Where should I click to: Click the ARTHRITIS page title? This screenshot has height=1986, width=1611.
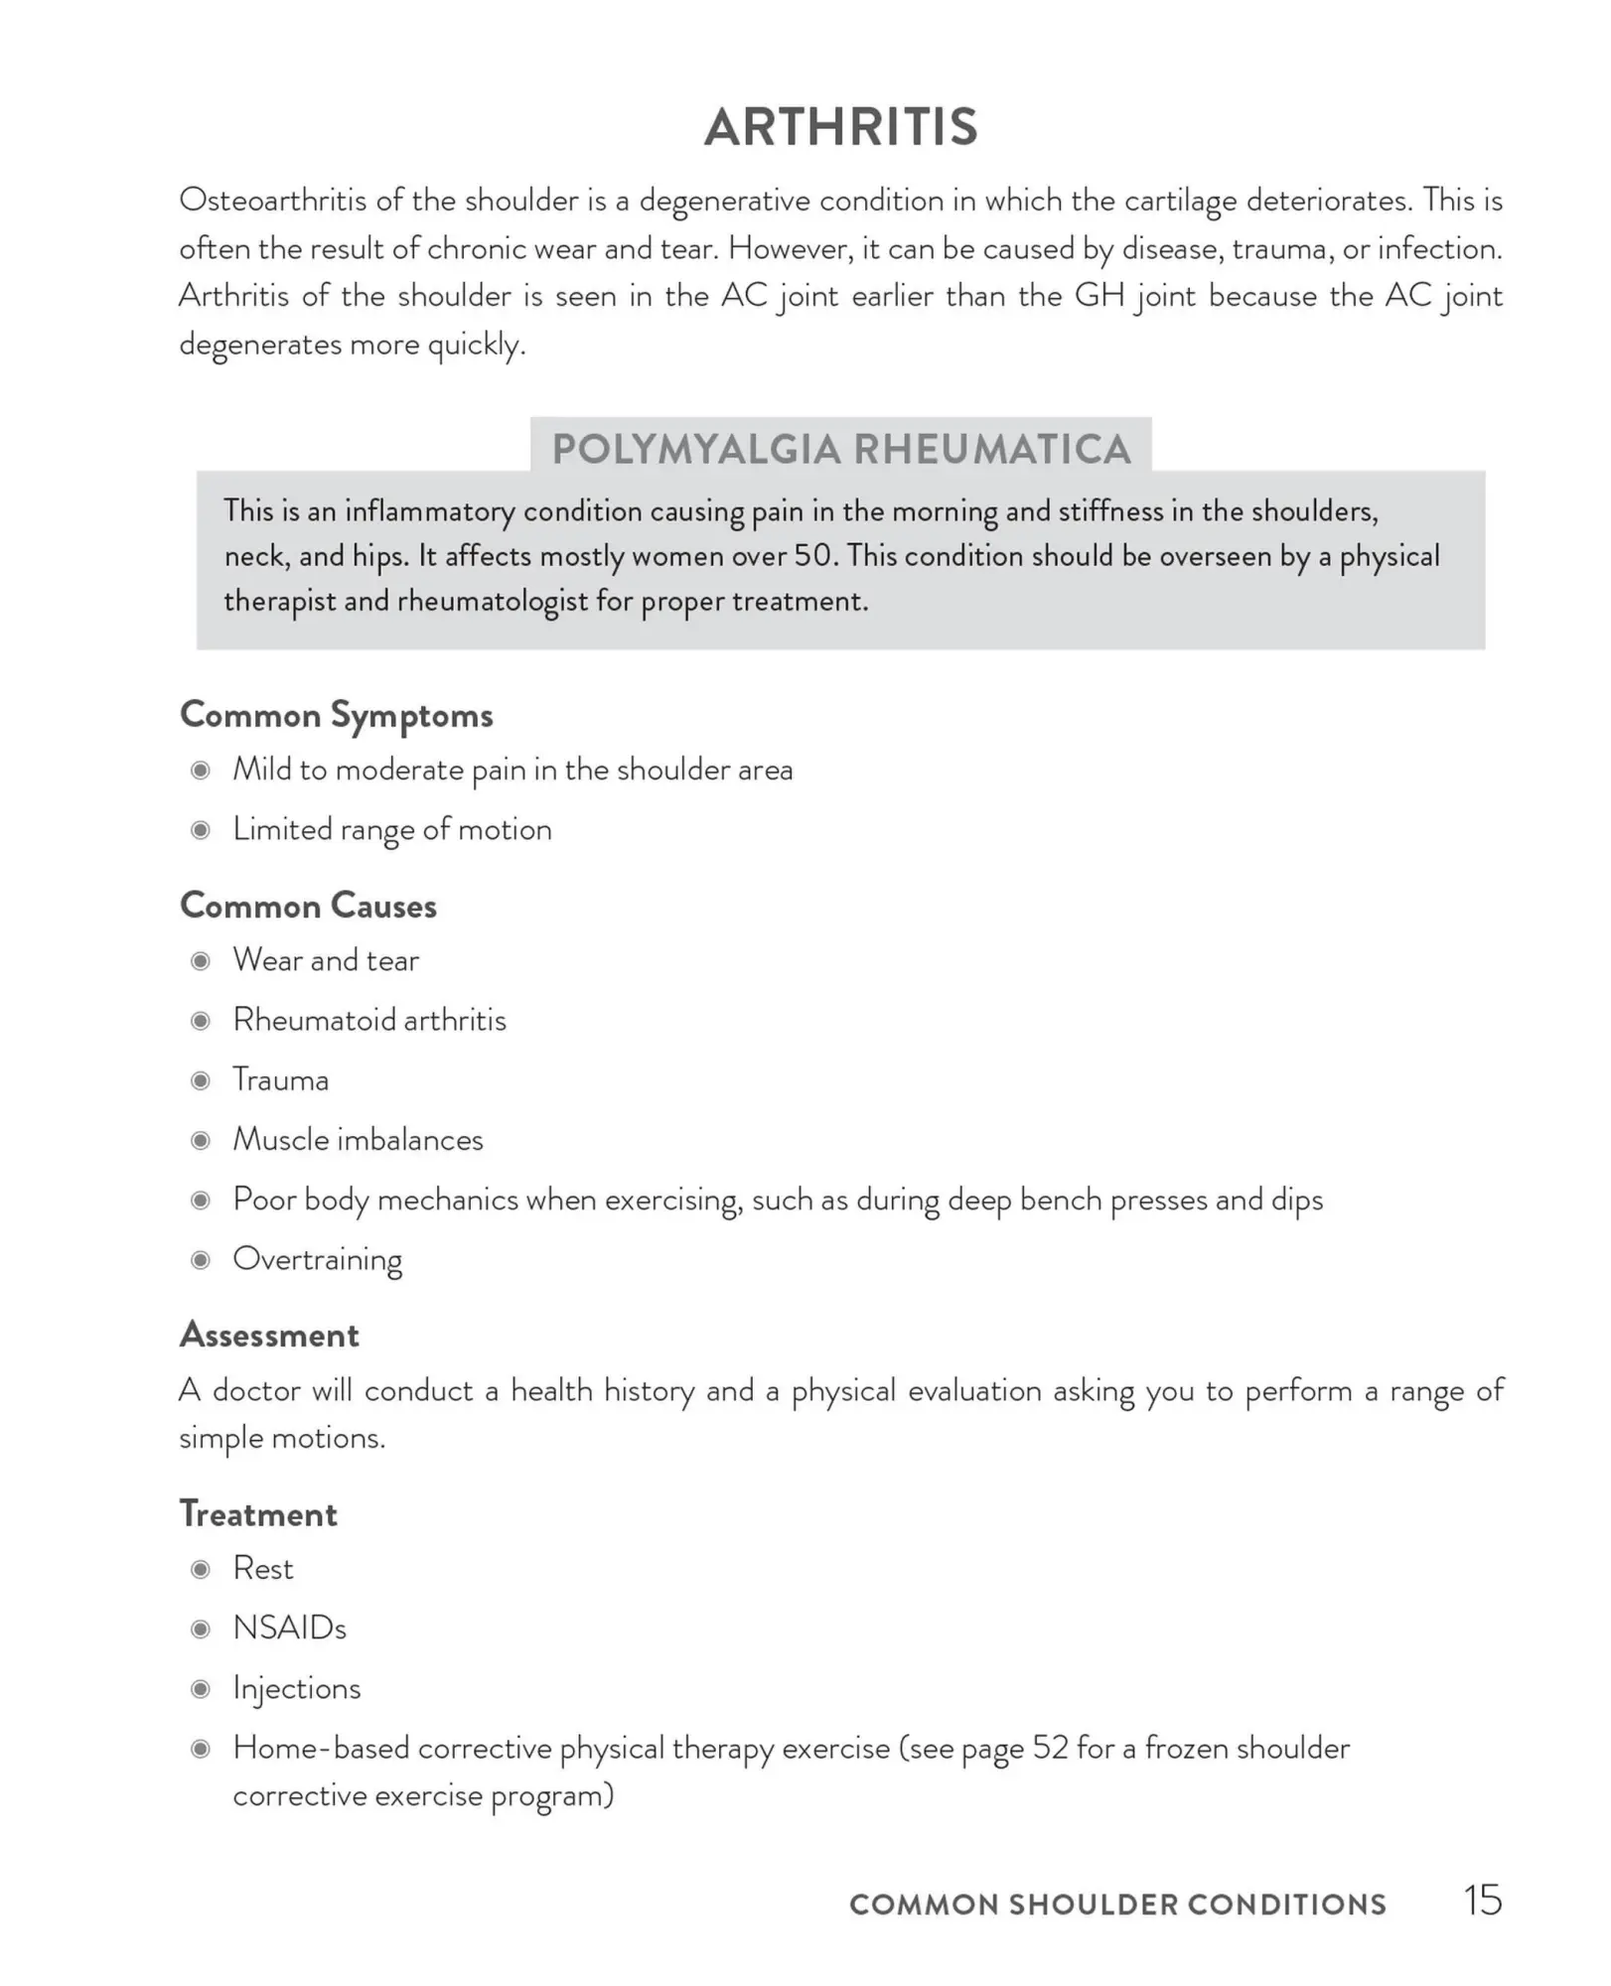pos(841,128)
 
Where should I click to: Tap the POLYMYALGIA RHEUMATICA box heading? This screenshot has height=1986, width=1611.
pos(841,449)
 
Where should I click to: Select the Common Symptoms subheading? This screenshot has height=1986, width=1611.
pos(336,716)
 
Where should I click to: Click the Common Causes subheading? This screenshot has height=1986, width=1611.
pos(308,906)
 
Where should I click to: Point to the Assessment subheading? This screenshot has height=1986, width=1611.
pos(269,1335)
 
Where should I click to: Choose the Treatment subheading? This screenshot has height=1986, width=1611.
pos(258,1514)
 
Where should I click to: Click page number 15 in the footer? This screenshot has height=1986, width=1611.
pos(1482,1901)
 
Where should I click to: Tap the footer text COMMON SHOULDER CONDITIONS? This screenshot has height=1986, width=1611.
pos(1117,1905)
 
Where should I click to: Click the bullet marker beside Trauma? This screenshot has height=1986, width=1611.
pos(201,1080)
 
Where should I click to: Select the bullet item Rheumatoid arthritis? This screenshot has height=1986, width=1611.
pos(369,1020)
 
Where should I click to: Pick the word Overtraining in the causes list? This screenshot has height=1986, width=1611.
pos(317,1260)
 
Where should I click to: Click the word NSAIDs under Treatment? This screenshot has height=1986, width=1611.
pos(289,1629)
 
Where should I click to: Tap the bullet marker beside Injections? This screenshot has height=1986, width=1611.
pos(201,1689)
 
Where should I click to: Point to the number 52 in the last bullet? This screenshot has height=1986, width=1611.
pos(1049,1749)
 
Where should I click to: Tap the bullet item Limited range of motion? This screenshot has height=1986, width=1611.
pos(391,830)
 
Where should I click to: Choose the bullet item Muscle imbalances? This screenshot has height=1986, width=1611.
pos(358,1140)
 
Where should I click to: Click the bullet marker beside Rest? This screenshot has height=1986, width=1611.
pos(201,1569)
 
